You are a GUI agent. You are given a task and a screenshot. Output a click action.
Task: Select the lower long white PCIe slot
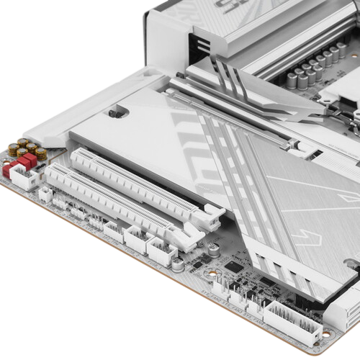(115, 201)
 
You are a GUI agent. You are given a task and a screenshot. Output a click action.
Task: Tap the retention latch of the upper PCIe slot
(212, 212)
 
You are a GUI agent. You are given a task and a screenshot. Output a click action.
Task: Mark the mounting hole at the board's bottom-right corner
(328, 333)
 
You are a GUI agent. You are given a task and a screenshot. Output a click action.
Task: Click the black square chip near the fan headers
(234, 266)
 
